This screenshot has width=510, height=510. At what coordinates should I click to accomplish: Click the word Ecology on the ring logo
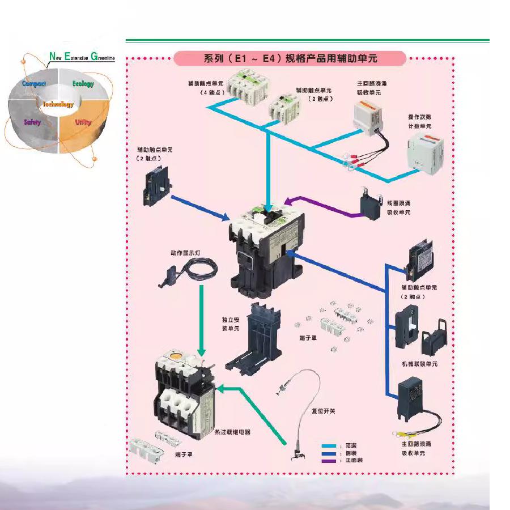[x=83, y=84]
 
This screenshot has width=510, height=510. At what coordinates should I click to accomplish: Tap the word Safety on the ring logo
[x=32, y=122]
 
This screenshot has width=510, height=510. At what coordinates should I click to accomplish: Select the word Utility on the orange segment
[x=83, y=122]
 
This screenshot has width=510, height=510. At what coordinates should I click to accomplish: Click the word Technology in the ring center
[x=58, y=104]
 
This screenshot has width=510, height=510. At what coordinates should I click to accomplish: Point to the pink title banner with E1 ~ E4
[x=290, y=58]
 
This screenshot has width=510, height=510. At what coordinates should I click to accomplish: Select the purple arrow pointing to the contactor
[x=323, y=207]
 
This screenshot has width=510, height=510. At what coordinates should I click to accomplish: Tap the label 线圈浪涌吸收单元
[x=398, y=207]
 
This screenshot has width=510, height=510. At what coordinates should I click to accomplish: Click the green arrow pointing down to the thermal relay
[x=201, y=320]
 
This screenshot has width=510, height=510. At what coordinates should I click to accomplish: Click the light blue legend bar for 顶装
[x=328, y=446]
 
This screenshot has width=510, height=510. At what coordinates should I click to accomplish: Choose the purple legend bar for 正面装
[x=328, y=461]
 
